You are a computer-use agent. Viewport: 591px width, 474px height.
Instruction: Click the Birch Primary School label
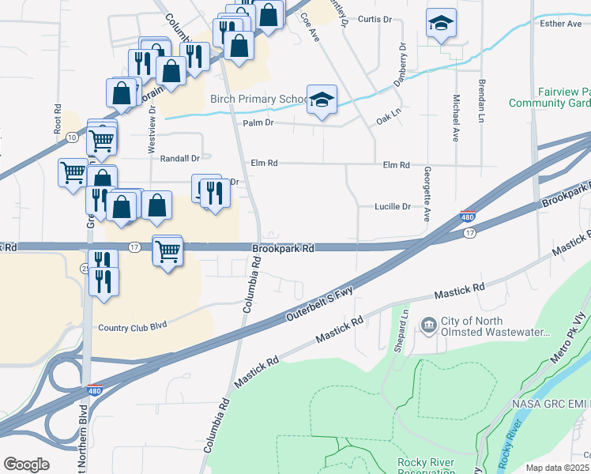coord(258,100)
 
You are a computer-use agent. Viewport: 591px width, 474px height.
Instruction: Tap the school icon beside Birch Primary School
coord(322,100)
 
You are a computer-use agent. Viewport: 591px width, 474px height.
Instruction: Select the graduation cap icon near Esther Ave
coord(440,24)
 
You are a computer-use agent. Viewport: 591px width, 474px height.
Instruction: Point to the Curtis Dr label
coord(375,19)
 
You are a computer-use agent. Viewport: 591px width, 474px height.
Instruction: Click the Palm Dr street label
coord(258,123)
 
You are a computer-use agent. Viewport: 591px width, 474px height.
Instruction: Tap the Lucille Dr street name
coord(393,207)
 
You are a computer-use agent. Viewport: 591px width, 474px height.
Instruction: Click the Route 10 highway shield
coord(72,137)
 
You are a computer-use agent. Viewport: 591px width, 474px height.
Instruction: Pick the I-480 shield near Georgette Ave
coord(468,216)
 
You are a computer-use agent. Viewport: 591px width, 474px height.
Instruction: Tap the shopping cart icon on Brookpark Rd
coord(168,252)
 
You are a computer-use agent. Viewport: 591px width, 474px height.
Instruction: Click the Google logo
coord(26,465)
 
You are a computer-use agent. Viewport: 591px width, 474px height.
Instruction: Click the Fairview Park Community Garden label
coord(550,98)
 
